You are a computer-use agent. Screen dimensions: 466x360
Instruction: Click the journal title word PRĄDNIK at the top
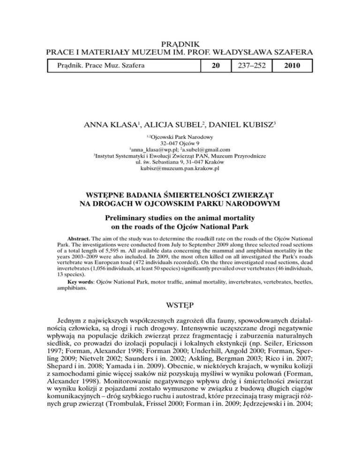pos(180,45)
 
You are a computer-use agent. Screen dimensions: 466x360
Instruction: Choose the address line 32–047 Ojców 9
pos(180,143)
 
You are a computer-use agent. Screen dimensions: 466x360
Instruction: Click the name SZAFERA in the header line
pos(292,55)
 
